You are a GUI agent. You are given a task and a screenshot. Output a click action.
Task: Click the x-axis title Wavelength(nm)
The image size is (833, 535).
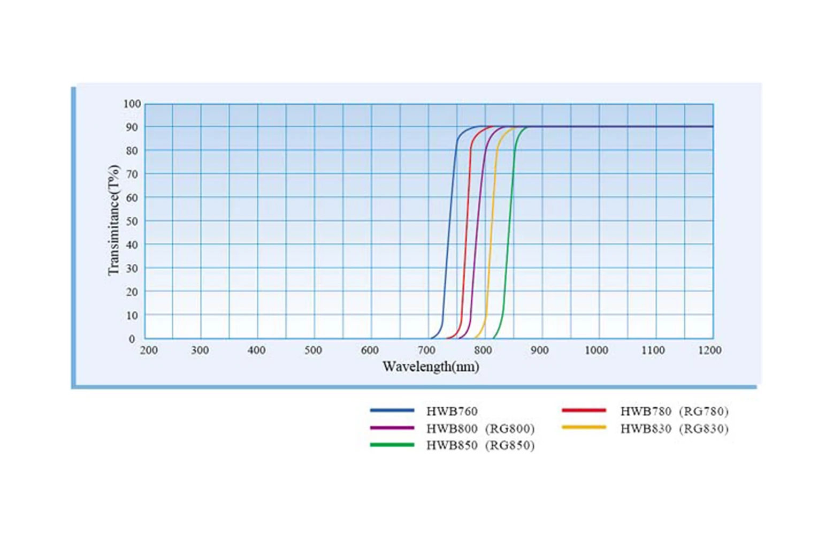[x=431, y=367]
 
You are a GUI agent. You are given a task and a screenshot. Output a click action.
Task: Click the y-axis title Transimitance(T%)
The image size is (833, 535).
[x=113, y=220]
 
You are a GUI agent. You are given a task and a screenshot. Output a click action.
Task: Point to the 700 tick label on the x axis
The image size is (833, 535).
[x=426, y=350]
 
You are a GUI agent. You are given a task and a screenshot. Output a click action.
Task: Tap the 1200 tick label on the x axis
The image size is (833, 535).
[x=709, y=350]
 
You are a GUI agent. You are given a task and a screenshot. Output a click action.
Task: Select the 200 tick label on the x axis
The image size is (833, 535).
[x=149, y=350]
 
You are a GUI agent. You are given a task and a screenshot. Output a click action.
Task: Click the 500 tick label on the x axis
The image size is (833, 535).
[x=313, y=350]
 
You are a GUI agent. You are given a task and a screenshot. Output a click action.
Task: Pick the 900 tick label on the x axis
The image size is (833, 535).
[x=539, y=350]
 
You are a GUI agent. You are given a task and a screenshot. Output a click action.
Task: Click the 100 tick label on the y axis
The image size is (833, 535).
[x=132, y=104]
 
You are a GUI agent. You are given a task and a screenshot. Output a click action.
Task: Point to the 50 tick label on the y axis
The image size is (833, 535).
[x=132, y=221]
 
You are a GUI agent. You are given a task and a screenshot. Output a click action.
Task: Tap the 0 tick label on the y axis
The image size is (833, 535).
[x=132, y=339]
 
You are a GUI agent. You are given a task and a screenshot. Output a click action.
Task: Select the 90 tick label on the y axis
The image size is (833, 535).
[x=132, y=127]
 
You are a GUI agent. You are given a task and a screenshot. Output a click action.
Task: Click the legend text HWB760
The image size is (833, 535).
[x=452, y=411]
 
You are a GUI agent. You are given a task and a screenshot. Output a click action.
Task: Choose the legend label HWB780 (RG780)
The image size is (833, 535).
[x=674, y=411]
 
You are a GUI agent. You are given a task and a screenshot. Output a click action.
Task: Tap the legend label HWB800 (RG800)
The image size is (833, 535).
[x=480, y=429]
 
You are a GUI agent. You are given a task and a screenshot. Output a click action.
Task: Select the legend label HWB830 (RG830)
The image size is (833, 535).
[x=674, y=429]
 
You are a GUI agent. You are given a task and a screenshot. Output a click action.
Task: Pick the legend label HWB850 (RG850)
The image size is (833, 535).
[x=480, y=446]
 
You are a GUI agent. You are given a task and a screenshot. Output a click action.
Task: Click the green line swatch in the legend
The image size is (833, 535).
[x=392, y=445]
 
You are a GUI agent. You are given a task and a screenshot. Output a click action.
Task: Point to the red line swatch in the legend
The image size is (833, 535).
[x=584, y=410]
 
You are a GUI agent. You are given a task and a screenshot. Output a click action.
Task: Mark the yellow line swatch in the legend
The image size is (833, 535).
[x=584, y=427]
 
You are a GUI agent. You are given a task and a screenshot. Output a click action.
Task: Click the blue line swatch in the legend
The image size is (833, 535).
[x=392, y=410]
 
